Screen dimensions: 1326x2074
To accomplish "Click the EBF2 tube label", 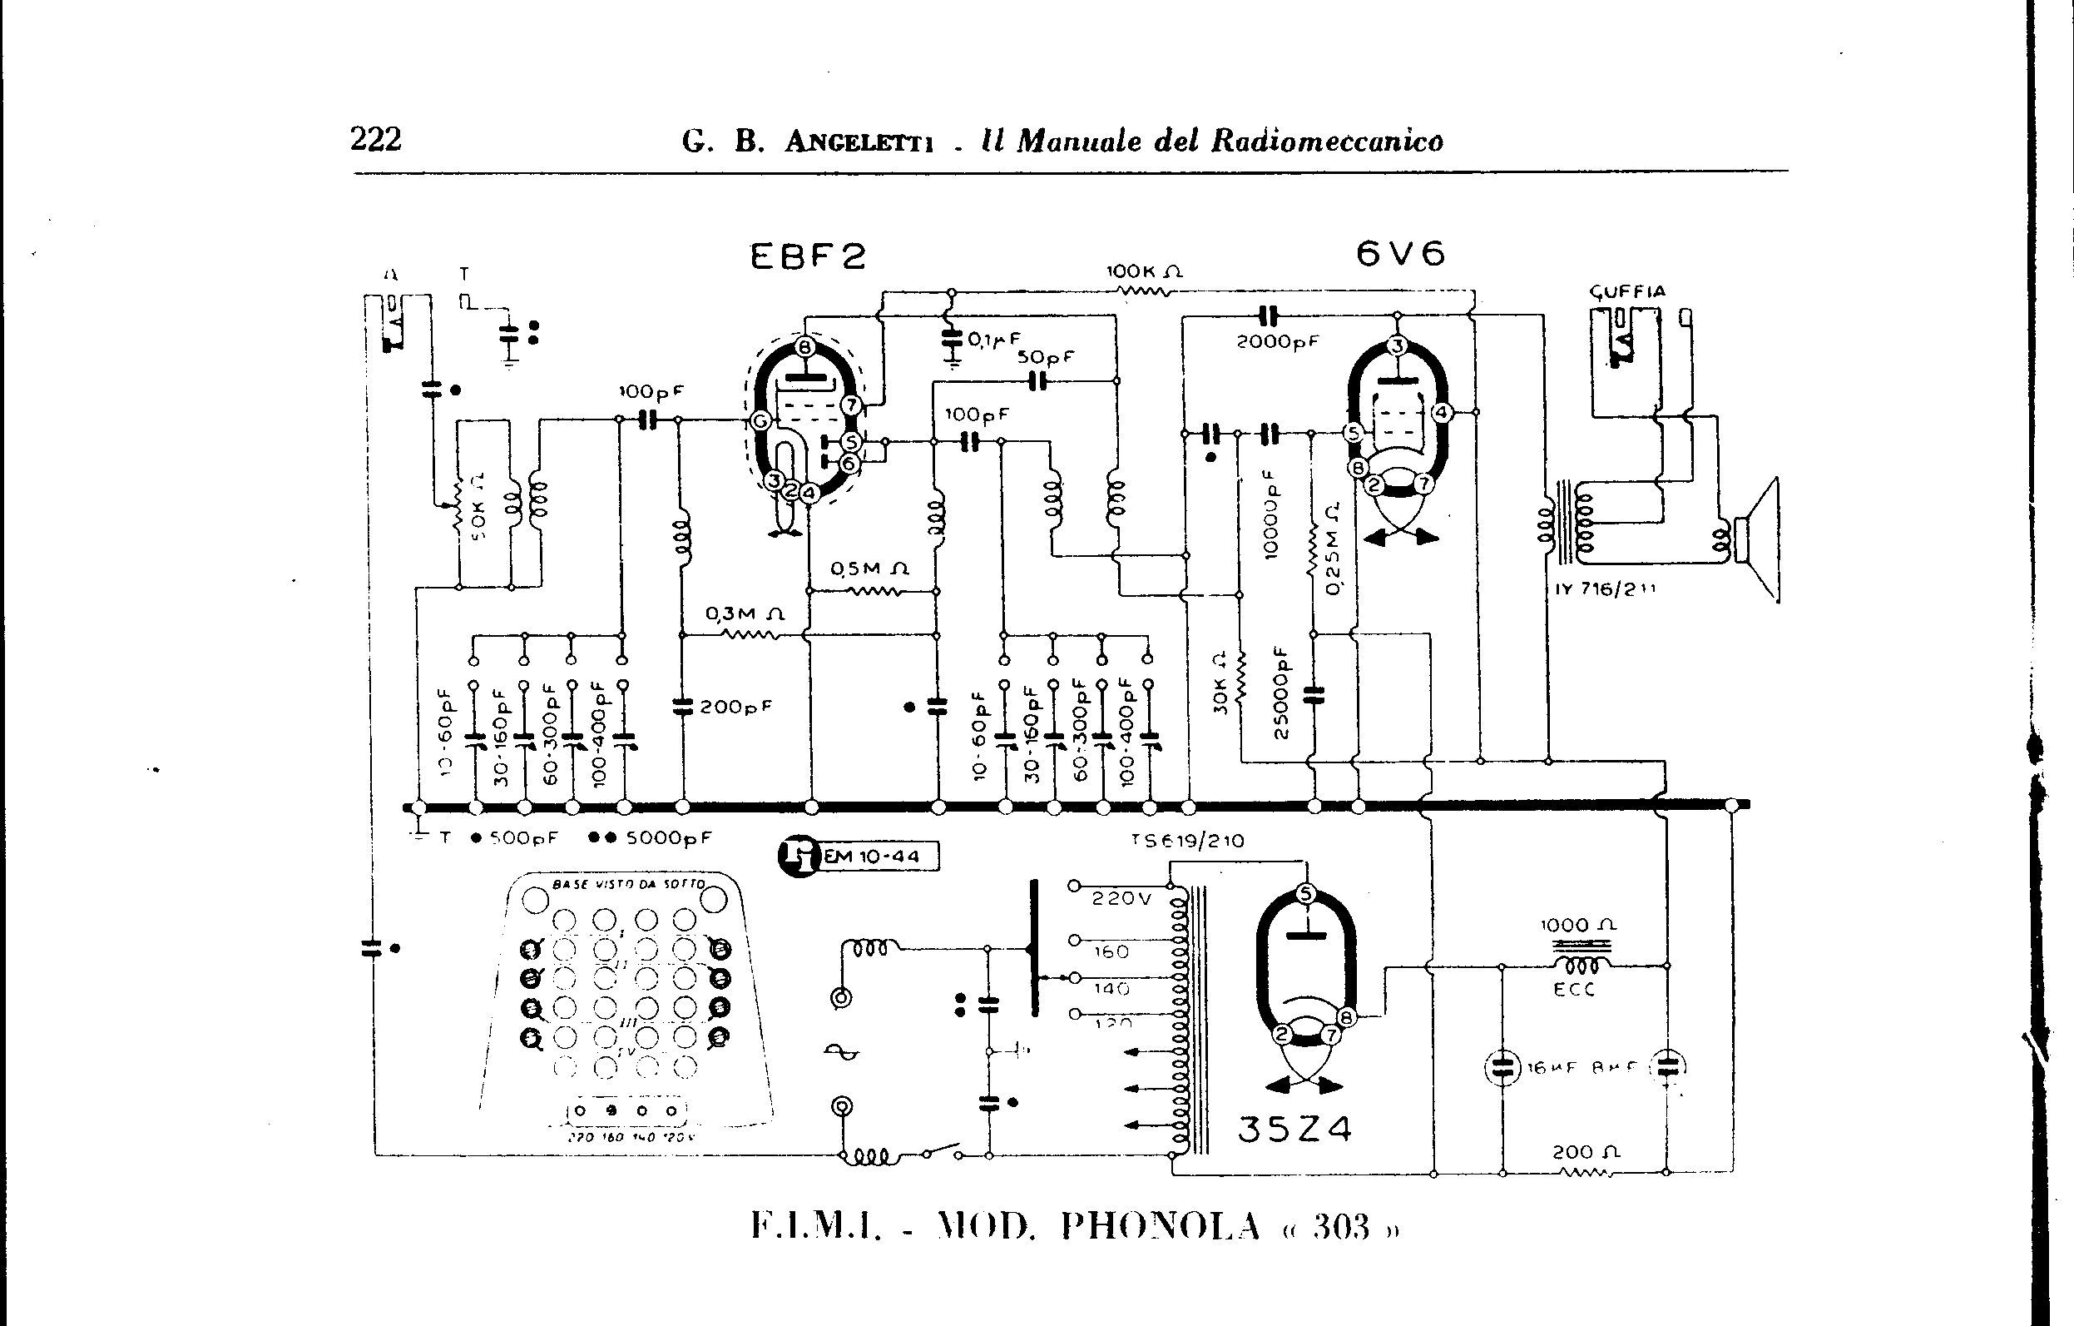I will pos(807,256).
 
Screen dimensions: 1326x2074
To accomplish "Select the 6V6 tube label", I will pos(1399,253).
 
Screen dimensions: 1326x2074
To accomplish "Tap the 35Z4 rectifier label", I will pos(1294,1129).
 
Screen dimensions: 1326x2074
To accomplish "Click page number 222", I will pos(375,139).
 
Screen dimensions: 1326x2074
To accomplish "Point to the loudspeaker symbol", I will pos(1757,540).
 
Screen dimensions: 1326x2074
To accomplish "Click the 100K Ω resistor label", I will pos(1144,271).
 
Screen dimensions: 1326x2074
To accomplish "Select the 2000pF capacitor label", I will pos(1277,341).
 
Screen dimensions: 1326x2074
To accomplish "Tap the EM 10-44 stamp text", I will pos(872,857).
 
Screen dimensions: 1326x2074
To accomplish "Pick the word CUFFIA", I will pos(1627,292).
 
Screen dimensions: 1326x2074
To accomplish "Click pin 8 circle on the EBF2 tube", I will pos(804,347).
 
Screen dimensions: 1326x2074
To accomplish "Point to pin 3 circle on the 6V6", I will pos(1397,346).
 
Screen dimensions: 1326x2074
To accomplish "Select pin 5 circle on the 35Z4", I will pos(1306,894).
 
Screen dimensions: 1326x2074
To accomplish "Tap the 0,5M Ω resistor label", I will pos(869,569).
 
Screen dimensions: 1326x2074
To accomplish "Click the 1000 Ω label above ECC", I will pos(1578,926).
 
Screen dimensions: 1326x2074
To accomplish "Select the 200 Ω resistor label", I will pos(1586,1152).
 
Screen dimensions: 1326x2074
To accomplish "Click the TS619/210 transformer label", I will pos(1188,841).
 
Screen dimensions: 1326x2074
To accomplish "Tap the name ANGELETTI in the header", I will pos(859,142).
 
